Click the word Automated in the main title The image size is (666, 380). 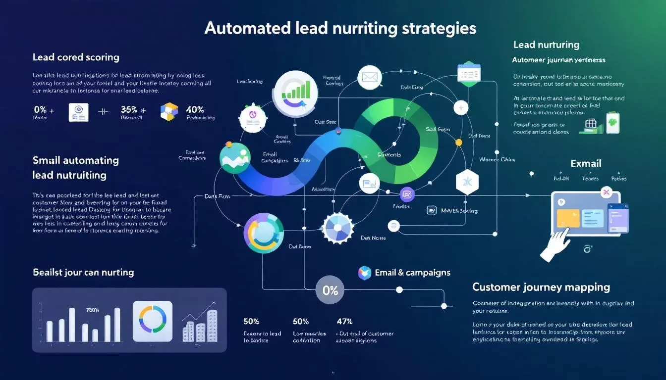[x=247, y=28]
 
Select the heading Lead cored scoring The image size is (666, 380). [x=76, y=57]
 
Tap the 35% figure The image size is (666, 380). [x=130, y=109]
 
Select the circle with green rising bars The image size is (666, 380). [x=295, y=89]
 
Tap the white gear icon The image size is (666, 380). [x=338, y=228]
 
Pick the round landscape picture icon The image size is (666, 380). [x=235, y=158]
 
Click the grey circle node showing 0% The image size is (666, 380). [x=330, y=290]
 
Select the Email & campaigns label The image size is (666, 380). [x=412, y=272]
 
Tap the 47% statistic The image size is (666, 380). [x=345, y=322]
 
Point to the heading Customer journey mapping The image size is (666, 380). [x=541, y=287]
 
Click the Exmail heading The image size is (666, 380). [x=586, y=163]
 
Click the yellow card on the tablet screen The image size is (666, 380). [x=568, y=218]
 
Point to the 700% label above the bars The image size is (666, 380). [x=92, y=310]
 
